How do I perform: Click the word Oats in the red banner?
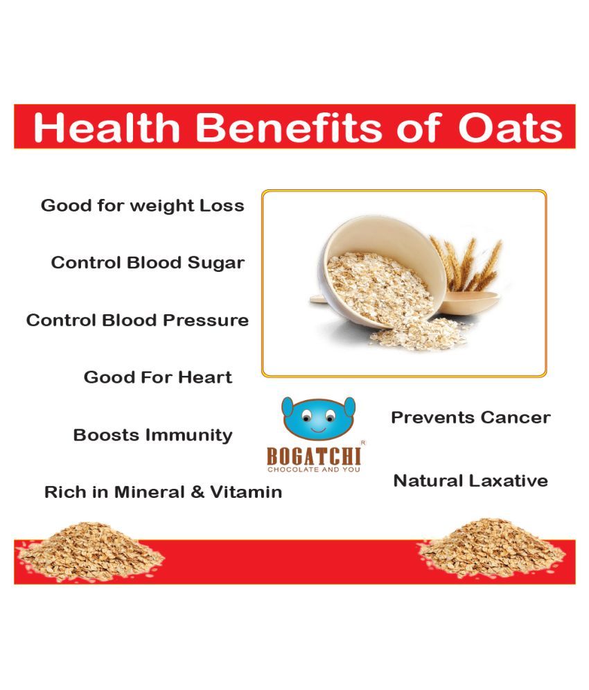tap(510, 128)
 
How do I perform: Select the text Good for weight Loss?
tap(143, 206)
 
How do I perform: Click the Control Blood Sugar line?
tap(148, 263)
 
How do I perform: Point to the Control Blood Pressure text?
tap(137, 320)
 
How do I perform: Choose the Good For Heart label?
tap(158, 377)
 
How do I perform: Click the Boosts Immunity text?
tap(152, 435)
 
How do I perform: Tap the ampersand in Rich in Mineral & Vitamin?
tap(198, 492)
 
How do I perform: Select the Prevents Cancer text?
tap(471, 417)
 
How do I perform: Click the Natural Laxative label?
tap(471, 481)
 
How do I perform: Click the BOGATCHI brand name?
tap(314, 456)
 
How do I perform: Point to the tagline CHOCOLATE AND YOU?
tap(314, 469)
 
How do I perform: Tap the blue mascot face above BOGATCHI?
tap(318, 418)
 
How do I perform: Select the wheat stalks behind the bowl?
tap(467, 264)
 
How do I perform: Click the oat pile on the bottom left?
tap(89, 550)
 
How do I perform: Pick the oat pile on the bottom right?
tap(491, 548)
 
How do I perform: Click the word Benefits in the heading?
tap(288, 128)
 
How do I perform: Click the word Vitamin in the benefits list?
tap(246, 492)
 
